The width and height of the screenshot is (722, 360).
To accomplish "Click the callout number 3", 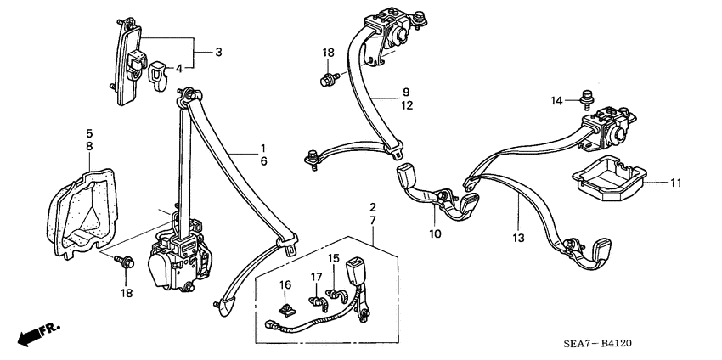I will coord(218,53).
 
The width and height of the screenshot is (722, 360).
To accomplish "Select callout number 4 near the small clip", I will coord(178,69).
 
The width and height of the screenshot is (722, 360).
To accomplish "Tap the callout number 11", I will coord(676,183).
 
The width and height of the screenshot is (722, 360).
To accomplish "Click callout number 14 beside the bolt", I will coord(556,100).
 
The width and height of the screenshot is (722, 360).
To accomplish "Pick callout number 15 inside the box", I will coord(334,258).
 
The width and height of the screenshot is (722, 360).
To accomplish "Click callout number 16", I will coord(285,284).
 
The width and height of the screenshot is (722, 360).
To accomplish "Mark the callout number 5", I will coord(89,132).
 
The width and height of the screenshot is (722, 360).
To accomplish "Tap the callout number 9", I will coord(406,91).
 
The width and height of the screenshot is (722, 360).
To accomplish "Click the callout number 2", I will coord(372,207).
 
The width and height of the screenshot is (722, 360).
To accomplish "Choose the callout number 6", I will coord(263,161).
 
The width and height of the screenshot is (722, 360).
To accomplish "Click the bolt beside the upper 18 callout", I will coord(326,82).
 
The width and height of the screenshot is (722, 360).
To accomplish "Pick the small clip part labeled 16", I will coord(288,301).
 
